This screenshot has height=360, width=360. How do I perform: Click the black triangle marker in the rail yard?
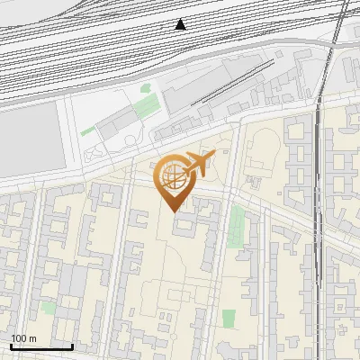coord(181,24)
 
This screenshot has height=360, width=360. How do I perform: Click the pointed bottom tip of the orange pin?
coord(172,211)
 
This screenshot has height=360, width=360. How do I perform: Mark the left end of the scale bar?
coord(10,346)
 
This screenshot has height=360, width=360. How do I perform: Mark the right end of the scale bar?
coord(72,346)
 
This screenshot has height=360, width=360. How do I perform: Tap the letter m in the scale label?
coord(32,338)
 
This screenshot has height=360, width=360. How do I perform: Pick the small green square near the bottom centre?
coord(229,318)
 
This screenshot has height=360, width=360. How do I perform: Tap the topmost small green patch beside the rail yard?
coord(146,89)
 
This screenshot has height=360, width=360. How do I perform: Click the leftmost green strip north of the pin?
coord(87,131)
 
